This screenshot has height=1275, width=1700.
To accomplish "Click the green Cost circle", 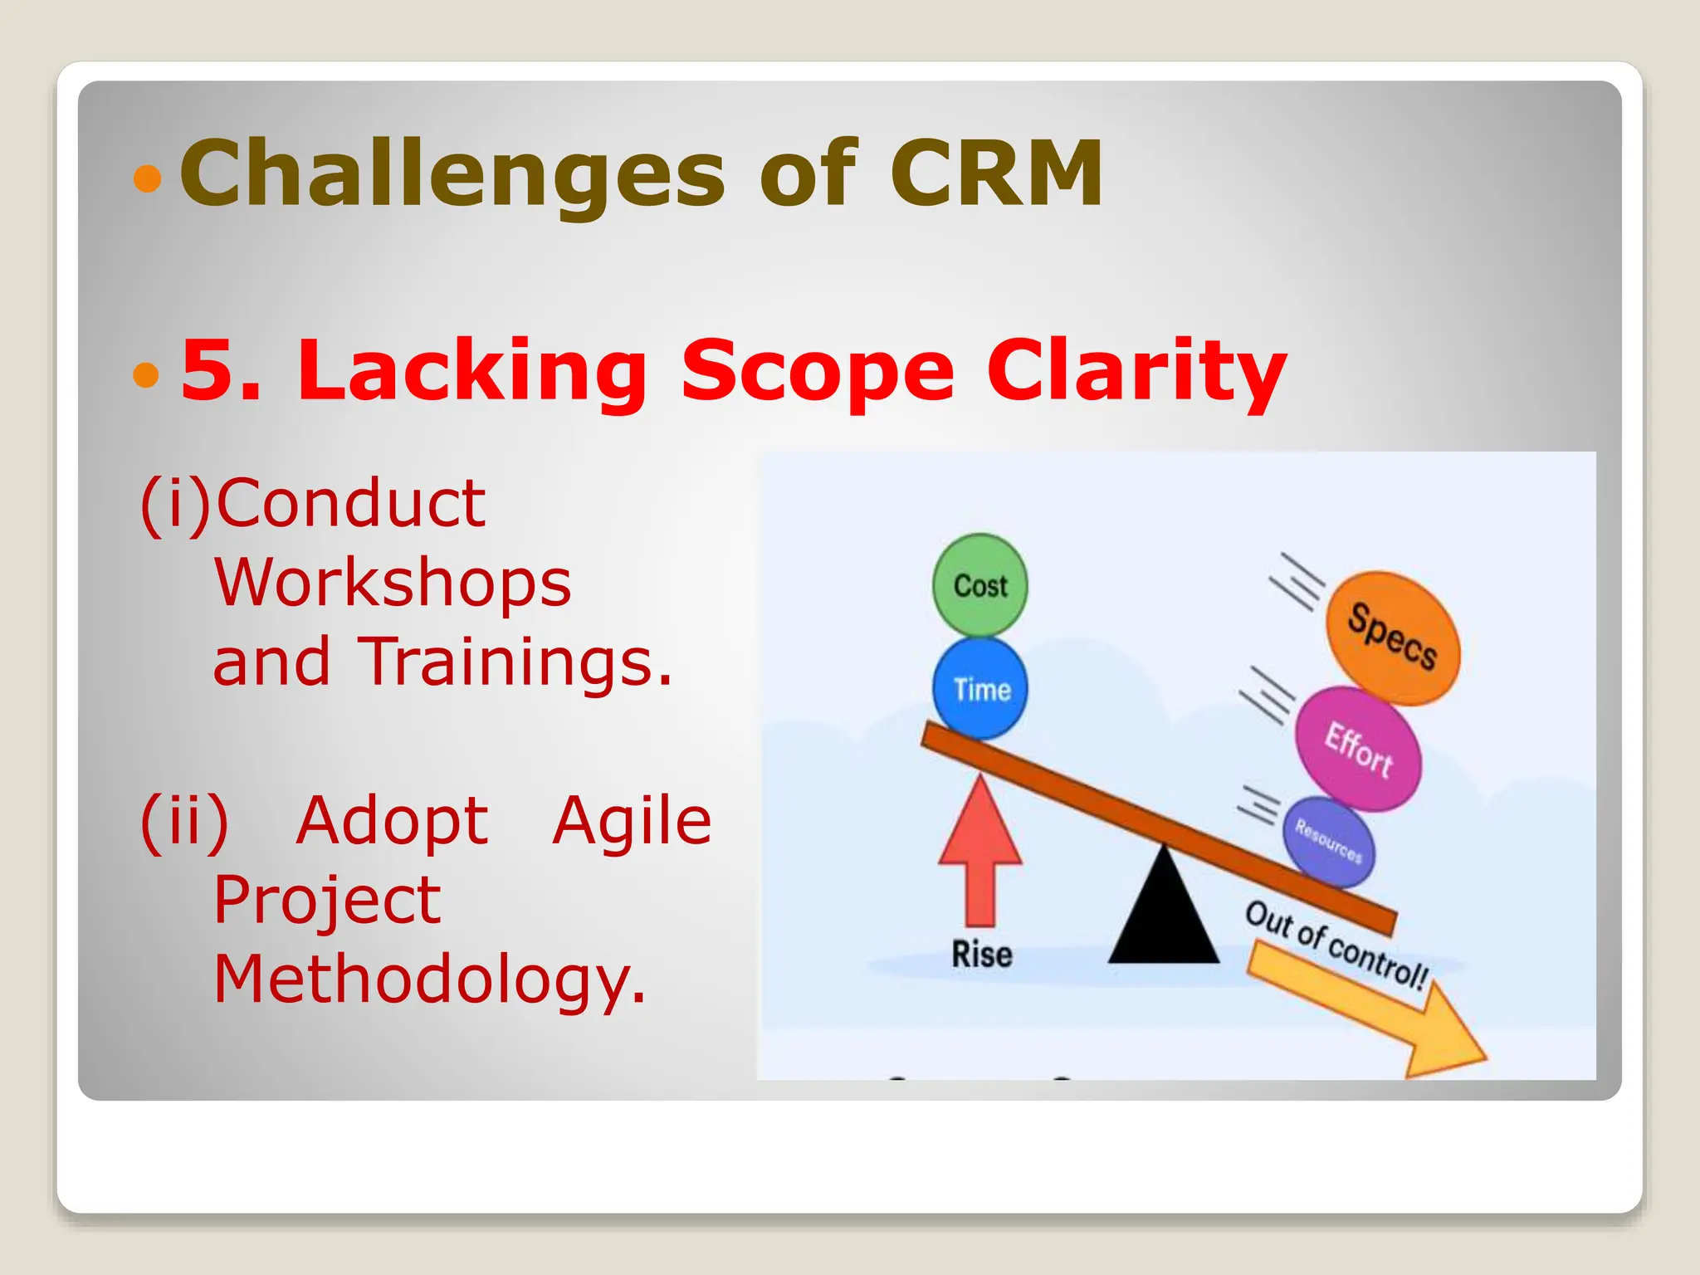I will (980, 585).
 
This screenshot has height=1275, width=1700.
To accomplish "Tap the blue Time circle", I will (980, 689).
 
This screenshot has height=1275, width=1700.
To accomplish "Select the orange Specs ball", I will (1392, 637).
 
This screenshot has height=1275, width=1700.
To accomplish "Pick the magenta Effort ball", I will (1359, 749).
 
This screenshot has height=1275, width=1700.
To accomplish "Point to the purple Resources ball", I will (1328, 842).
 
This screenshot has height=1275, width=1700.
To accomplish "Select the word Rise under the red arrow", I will (981, 955).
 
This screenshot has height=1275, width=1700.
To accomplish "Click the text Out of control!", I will (1336, 945).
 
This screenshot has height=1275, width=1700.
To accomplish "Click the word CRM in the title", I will (996, 173).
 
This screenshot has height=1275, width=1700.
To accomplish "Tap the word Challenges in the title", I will (452, 174).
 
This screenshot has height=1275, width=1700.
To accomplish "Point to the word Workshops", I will (393, 583).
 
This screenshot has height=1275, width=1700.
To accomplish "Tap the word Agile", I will (632, 820).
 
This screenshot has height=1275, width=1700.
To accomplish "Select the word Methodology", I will (428, 979).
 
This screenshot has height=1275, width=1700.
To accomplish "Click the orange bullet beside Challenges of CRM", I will (147, 178).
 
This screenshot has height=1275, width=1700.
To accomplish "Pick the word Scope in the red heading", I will (818, 371).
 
